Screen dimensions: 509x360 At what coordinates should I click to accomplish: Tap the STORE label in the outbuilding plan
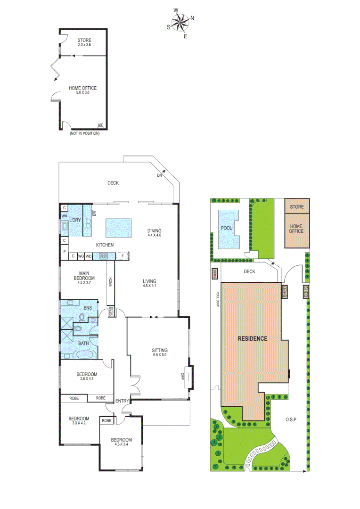tap(84, 42)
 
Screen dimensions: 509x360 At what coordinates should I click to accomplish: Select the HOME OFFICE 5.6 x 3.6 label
tap(82, 90)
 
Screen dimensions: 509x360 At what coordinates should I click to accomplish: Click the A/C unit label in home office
tap(100, 125)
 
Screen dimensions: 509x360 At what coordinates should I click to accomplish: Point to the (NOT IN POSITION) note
tap(84, 133)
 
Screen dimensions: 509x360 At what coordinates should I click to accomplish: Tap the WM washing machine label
tap(64, 216)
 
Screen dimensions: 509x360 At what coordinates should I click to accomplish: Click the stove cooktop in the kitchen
tap(103, 256)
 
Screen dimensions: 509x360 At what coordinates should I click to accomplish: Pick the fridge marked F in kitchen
tap(123, 256)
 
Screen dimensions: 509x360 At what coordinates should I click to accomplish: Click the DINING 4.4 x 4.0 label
tap(154, 233)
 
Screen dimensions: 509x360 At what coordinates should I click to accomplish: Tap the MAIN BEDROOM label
tap(84, 275)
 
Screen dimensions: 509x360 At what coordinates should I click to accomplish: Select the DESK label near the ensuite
tap(112, 311)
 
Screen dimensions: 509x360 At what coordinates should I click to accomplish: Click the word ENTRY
tap(122, 401)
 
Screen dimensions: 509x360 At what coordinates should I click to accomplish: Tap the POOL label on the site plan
tap(227, 228)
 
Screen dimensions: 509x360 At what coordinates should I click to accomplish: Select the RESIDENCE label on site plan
tap(252, 338)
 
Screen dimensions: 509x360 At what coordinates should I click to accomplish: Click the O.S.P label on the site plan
tap(290, 419)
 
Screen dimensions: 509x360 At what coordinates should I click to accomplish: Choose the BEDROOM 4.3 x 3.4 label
tap(122, 443)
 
